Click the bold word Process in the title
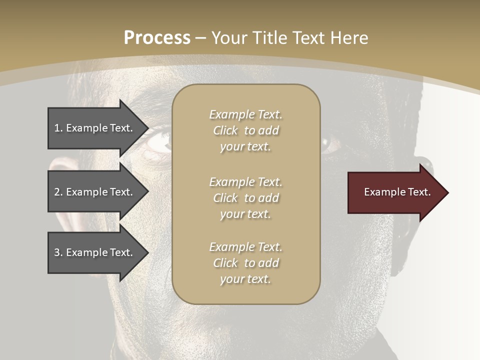coord(157,37)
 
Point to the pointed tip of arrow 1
coord(147,128)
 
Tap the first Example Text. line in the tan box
coord(245,114)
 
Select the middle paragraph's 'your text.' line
coord(245,214)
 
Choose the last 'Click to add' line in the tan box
coord(245,263)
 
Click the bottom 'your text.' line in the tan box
coord(245,279)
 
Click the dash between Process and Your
coord(201,38)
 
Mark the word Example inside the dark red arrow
coord(380,192)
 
